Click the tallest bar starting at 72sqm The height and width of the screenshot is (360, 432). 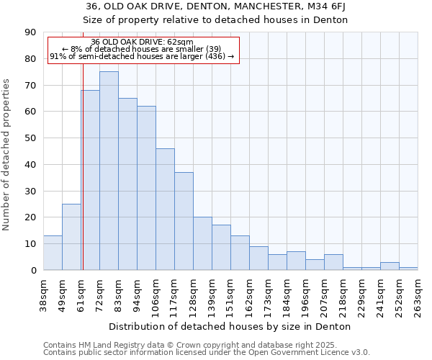click(x=109, y=171)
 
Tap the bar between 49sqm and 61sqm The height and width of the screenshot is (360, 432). click(x=71, y=237)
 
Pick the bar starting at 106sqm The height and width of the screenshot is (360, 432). click(x=165, y=209)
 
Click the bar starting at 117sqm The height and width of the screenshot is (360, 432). click(x=184, y=221)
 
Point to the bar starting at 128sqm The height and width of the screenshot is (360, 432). click(x=202, y=243)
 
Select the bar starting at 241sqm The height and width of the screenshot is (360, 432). click(x=390, y=266)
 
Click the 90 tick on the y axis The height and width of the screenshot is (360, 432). click(x=30, y=32)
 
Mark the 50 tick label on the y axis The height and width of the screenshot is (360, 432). click(x=30, y=138)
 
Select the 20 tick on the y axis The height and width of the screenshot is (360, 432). click(x=30, y=217)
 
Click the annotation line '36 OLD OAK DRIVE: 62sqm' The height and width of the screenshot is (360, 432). click(x=143, y=42)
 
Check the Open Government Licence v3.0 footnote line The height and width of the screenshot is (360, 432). click(x=207, y=352)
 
